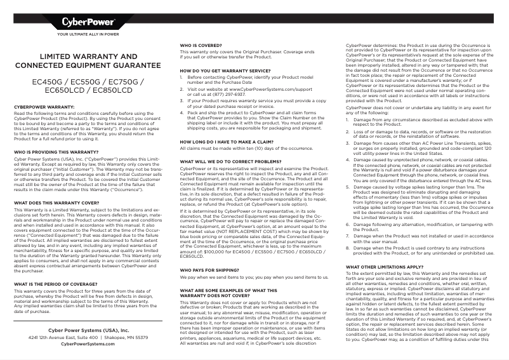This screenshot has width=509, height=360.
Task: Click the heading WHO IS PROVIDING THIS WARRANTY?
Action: click(56, 135)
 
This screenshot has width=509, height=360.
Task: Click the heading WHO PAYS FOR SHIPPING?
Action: click(209, 270)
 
